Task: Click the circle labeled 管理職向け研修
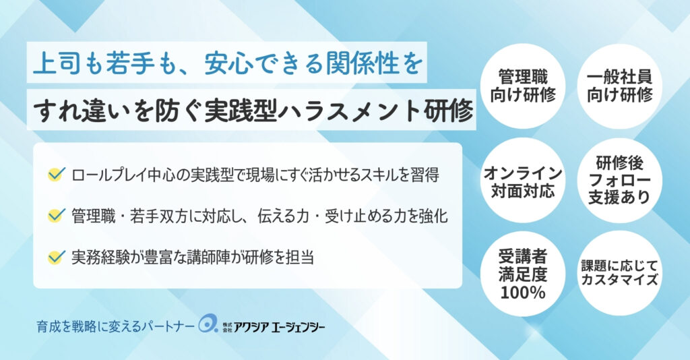coord(523,86)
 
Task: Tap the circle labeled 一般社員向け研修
coord(620,86)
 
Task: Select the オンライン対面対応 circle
coord(523,180)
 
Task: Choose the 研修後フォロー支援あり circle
coord(620,180)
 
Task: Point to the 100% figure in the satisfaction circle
coord(523,293)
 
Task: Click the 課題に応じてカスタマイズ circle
coord(620,273)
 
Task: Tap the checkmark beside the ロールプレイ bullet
coord(57,175)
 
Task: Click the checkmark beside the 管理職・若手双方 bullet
coord(57,215)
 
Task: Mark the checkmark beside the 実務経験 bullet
coord(57,257)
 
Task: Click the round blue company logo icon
coord(208,324)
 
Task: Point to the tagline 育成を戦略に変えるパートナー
coord(115,326)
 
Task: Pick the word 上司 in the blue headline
coord(57,63)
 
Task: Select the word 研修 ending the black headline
coord(449,110)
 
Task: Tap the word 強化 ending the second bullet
coord(433,216)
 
